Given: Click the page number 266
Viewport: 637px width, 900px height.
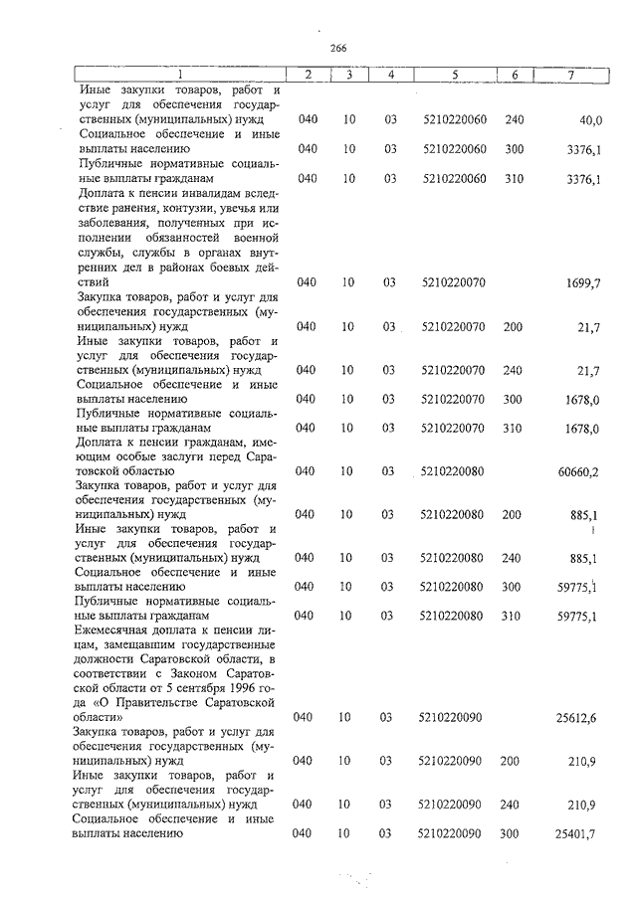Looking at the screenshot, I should point(336,47).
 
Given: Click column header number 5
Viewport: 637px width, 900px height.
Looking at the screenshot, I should point(454,76).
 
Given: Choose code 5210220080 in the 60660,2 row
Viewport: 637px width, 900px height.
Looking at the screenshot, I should point(454,471).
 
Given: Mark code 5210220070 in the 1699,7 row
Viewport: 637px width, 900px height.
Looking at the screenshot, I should point(454,283).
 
